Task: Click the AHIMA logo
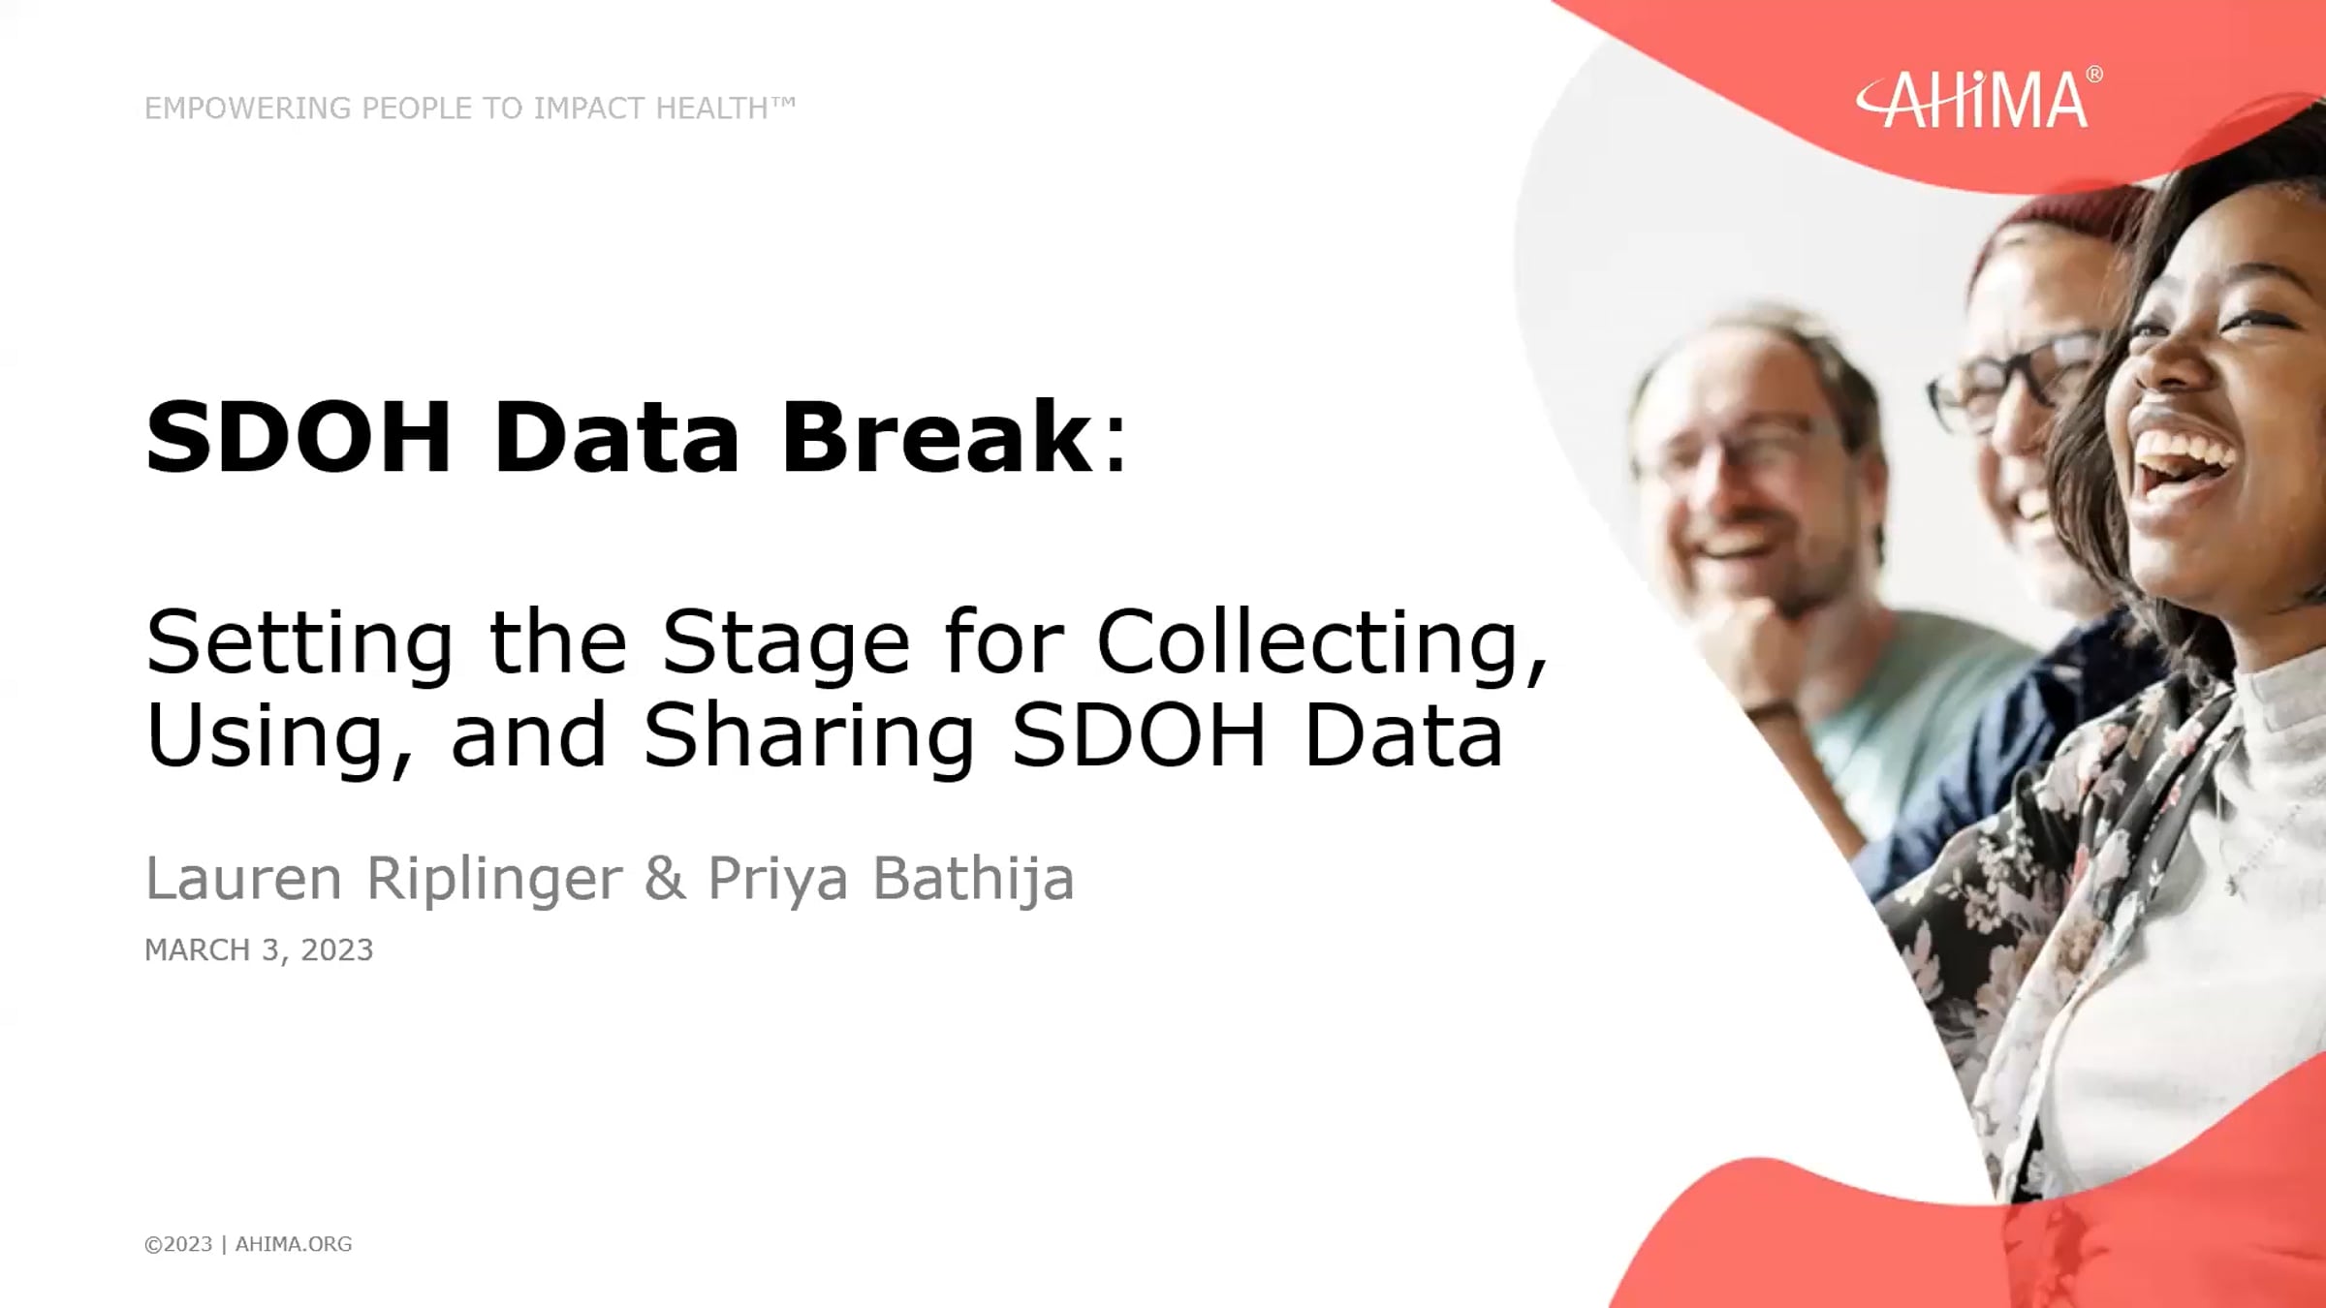[1978, 98]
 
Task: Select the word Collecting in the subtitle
[1322, 644]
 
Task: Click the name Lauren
[243, 878]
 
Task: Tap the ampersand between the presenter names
[665, 878]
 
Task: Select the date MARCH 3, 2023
[259, 950]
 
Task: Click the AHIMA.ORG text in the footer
[294, 1244]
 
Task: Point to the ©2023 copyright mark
[178, 1244]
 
